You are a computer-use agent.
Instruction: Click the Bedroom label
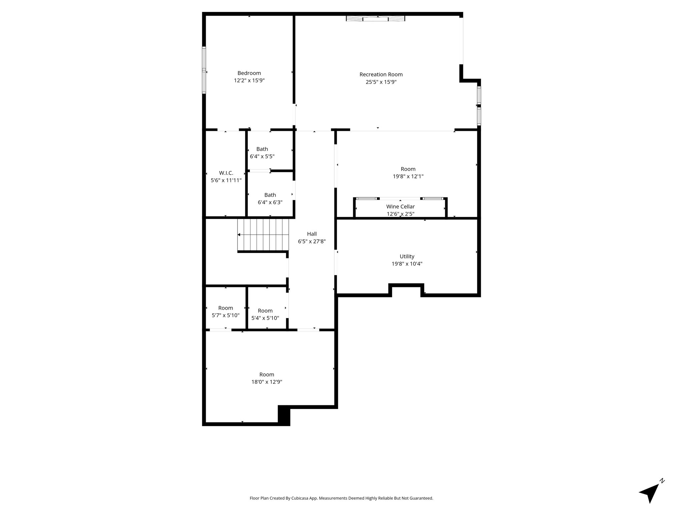(x=249, y=73)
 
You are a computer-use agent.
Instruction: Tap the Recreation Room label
(x=381, y=75)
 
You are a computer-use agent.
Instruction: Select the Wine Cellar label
(x=401, y=207)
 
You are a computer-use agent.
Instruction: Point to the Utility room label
(x=407, y=256)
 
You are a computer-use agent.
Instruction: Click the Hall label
(x=312, y=234)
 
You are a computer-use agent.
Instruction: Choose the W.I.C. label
(x=226, y=173)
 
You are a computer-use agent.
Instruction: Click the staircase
(x=263, y=235)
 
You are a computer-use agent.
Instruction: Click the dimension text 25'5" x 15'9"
(x=381, y=82)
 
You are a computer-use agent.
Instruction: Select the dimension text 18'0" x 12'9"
(x=267, y=382)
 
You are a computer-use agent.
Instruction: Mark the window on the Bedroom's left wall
(x=204, y=70)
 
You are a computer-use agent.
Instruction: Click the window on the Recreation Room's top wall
(x=376, y=19)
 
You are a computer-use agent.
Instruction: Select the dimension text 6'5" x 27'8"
(x=312, y=241)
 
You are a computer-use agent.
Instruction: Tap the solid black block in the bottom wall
(x=284, y=415)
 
